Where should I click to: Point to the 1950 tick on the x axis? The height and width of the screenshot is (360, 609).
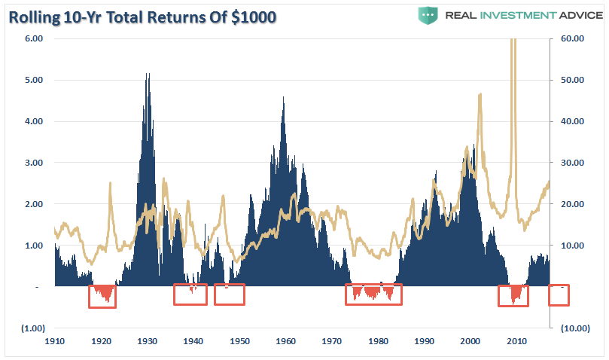tap(239, 341)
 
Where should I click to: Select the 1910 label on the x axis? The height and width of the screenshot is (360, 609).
tap(55, 341)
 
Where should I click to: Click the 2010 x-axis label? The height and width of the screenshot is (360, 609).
tap(516, 341)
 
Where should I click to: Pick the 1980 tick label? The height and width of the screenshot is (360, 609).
tap(378, 341)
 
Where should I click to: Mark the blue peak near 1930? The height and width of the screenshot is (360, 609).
tap(148, 75)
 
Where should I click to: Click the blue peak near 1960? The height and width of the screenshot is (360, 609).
tap(283, 98)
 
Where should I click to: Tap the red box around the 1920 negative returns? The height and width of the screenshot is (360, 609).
tap(102, 295)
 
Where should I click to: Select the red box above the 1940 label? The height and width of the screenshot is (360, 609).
tap(190, 294)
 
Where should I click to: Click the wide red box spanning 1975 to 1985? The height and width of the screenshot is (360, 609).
tap(373, 294)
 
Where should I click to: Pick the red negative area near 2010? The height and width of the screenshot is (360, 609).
tap(516, 294)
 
